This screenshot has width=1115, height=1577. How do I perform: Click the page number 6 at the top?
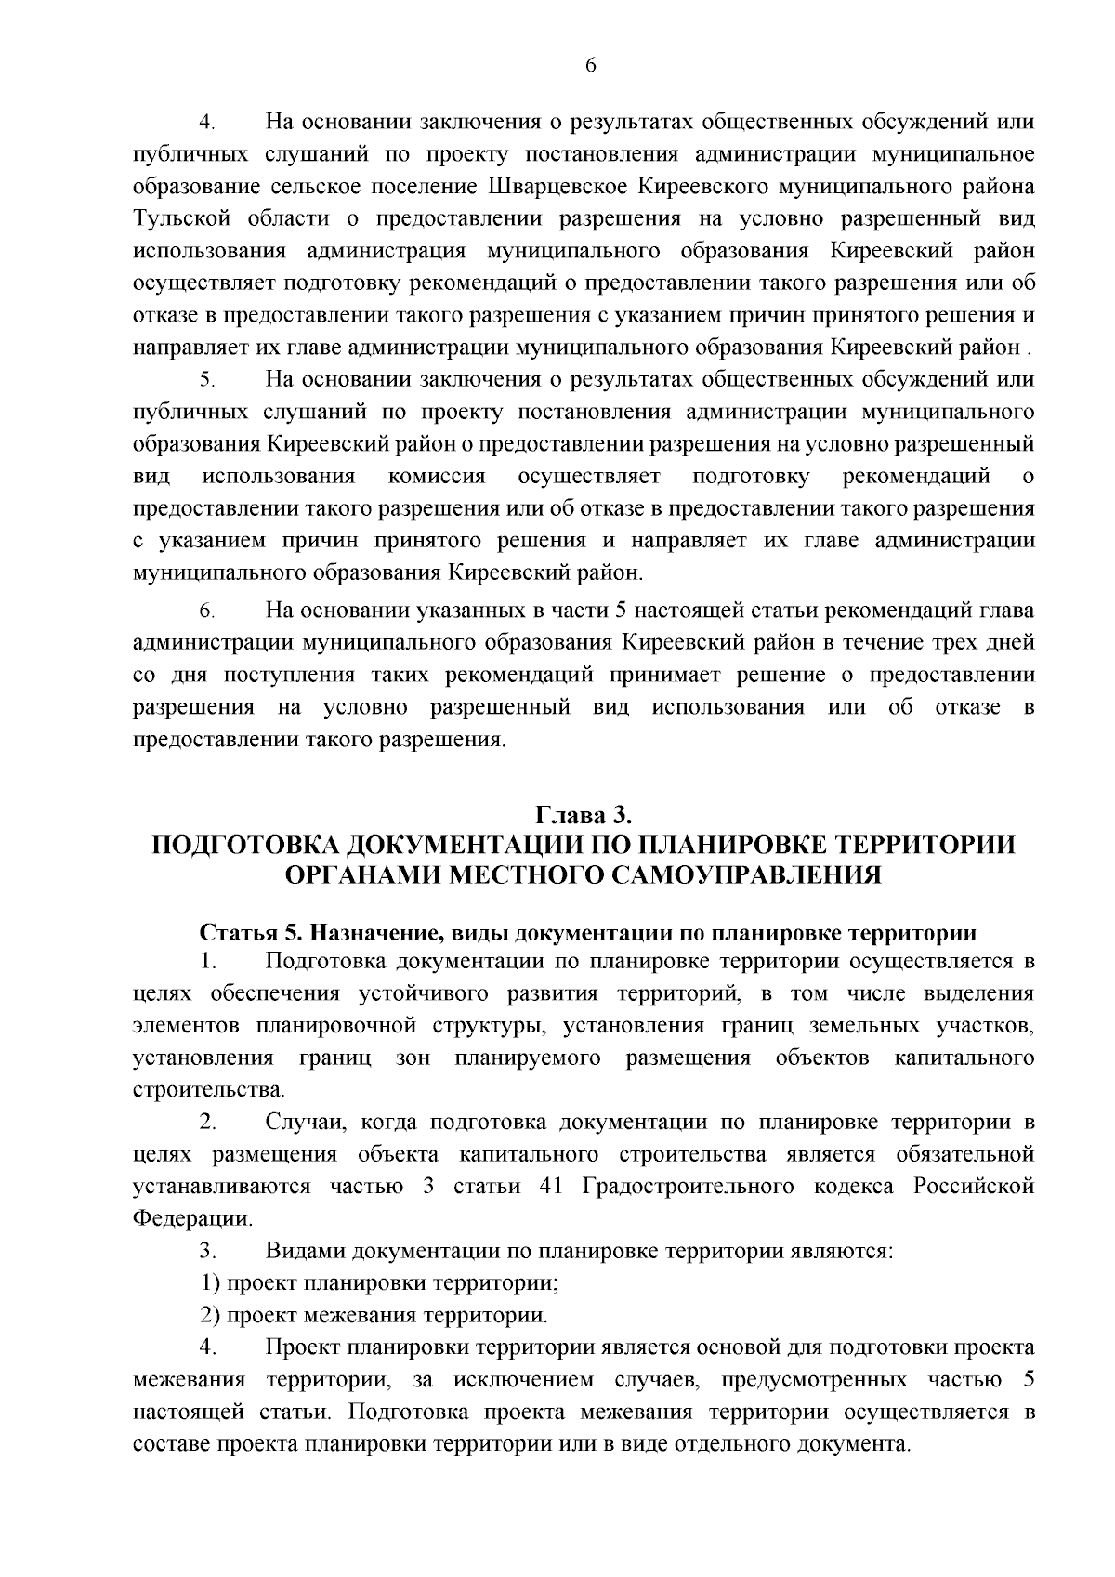click(x=591, y=64)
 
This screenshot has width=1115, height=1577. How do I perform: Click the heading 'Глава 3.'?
click(x=584, y=815)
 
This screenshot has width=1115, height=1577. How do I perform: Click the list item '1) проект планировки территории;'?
click(x=380, y=1283)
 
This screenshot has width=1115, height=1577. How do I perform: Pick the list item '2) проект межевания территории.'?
click(x=374, y=1316)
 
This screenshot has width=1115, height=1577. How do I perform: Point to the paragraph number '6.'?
click(x=207, y=611)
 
